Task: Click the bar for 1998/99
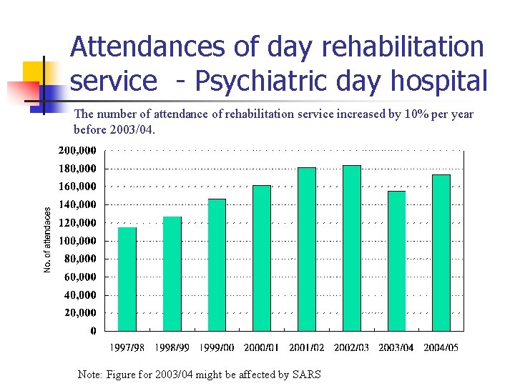click(x=172, y=274)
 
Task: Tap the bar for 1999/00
click(x=217, y=265)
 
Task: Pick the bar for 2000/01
click(x=262, y=258)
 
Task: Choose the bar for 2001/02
click(x=307, y=249)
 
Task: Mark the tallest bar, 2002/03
click(x=352, y=248)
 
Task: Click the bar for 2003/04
click(x=396, y=261)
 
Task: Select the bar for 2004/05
click(x=441, y=253)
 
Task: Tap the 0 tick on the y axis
click(x=94, y=331)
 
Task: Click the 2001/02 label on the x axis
click(x=307, y=348)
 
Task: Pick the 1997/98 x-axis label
click(x=127, y=348)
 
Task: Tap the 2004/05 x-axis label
click(x=441, y=348)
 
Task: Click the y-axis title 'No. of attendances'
click(x=47, y=239)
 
